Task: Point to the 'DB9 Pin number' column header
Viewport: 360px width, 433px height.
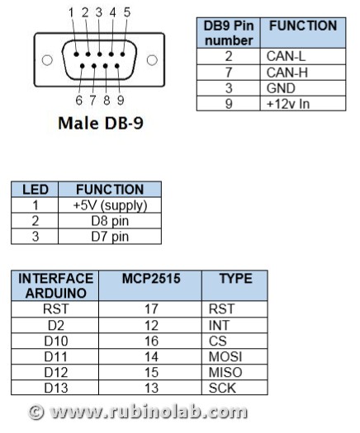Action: pyautogui.click(x=229, y=33)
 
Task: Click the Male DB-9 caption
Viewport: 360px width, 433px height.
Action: pyautogui.click(x=101, y=123)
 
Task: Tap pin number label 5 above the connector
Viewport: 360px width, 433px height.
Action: pyautogui.click(x=127, y=12)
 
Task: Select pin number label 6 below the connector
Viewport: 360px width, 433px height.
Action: pyautogui.click(x=78, y=101)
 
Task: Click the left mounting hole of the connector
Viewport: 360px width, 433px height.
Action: pyautogui.click(x=47, y=60)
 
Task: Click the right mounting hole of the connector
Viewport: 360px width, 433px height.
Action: pyautogui.click(x=152, y=60)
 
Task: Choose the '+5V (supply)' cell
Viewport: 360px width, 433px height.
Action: pyautogui.click(x=110, y=205)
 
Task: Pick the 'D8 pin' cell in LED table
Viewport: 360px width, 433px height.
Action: pyautogui.click(x=110, y=221)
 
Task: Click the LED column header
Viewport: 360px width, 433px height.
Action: pyautogui.click(x=36, y=190)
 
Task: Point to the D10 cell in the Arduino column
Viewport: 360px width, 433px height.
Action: pyautogui.click(x=56, y=341)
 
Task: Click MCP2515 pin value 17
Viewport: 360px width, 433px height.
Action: pyautogui.click(x=151, y=309)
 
